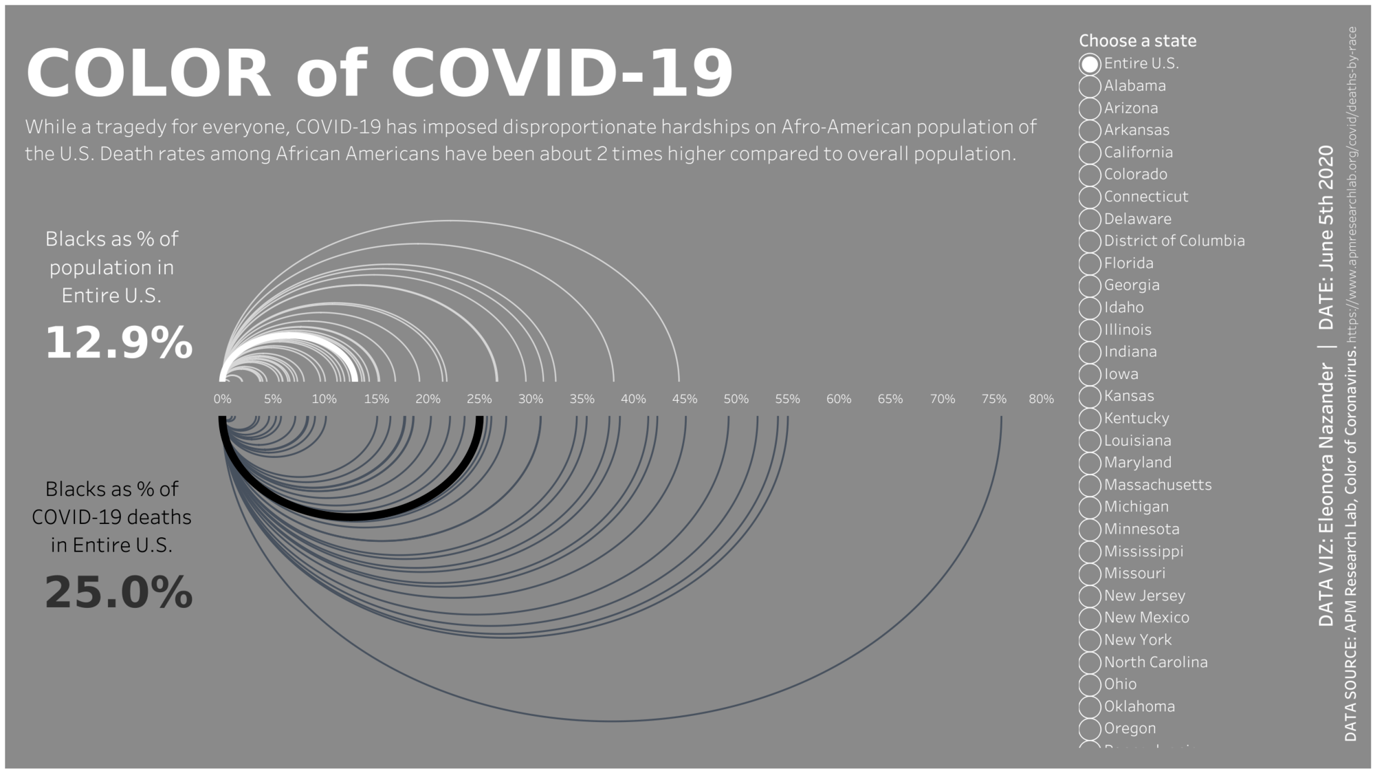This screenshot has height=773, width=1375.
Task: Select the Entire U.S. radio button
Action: click(1090, 64)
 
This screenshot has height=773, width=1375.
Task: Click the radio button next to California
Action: click(1090, 153)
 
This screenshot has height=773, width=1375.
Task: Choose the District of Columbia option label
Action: click(1174, 241)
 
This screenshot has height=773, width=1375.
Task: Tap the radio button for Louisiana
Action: click(1090, 441)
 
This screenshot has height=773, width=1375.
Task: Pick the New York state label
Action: click(1138, 640)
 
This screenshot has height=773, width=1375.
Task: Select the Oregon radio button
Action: click(1090, 728)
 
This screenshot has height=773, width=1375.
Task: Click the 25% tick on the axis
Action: click(479, 399)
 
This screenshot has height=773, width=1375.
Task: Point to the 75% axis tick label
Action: click(993, 399)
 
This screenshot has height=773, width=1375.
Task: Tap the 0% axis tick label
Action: click(222, 399)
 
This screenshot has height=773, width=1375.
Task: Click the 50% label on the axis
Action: click(736, 399)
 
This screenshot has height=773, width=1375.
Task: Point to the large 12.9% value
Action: click(118, 342)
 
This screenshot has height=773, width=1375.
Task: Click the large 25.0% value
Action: click(118, 592)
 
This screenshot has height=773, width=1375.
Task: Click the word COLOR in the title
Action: click(148, 73)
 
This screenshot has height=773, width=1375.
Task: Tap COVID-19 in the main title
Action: click(562, 73)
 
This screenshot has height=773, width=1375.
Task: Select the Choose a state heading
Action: click(1137, 41)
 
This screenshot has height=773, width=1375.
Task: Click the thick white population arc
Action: click(291, 336)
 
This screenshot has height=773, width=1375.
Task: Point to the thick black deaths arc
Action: click(351, 516)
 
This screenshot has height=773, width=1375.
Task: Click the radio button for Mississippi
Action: click(1090, 552)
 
